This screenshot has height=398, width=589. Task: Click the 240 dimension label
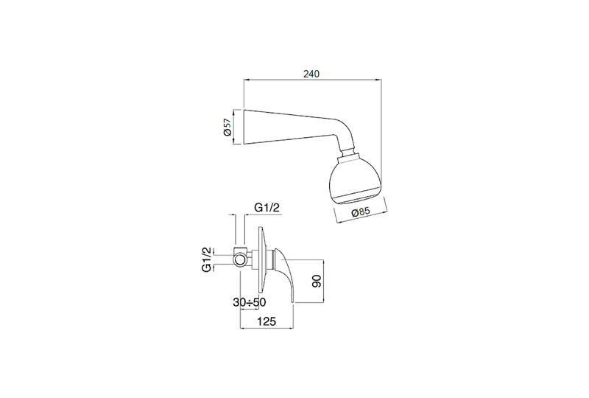click(311, 74)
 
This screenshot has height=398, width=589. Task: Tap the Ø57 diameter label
click(227, 128)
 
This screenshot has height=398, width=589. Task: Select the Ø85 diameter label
click(361, 212)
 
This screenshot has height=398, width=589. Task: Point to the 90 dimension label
click(317, 281)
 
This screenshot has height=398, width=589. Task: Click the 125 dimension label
click(267, 321)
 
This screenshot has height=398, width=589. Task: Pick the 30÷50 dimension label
click(250, 302)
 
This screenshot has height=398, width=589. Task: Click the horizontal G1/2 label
click(267, 207)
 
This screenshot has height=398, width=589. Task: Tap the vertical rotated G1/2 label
click(207, 259)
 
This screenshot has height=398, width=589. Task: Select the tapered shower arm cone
click(286, 128)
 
